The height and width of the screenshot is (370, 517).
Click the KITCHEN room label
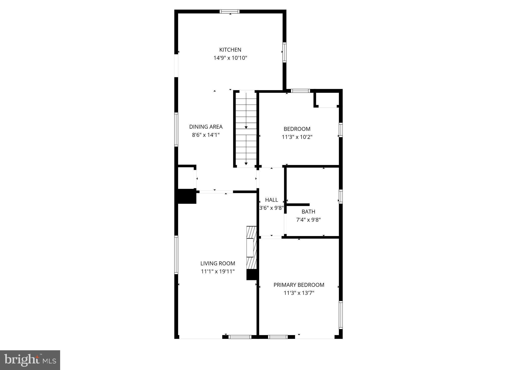[x=230, y=50]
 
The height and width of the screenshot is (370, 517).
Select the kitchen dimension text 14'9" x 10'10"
[x=230, y=58]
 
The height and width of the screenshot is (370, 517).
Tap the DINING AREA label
[x=206, y=127]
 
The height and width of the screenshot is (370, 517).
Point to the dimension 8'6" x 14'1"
[x=206, y=135]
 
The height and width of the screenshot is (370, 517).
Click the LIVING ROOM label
[x=218, y=263]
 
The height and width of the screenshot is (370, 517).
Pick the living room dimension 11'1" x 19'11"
[x=218, y=271]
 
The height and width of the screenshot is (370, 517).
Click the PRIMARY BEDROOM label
[x=299, y=285]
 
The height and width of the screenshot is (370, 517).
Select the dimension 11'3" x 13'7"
[x=299, y=293]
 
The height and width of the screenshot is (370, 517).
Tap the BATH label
[x=308, y=212]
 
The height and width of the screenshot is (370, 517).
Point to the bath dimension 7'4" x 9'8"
[x=308, y=220]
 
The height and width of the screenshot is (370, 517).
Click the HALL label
[x=272, y=200]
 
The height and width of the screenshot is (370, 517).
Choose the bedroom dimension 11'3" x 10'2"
[x=297, y=137]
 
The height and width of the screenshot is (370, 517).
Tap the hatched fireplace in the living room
[x=251, y=248]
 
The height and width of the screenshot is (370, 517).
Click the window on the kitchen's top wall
[x=229, y=11]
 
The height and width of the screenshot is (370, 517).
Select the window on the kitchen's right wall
[x=284, y=52]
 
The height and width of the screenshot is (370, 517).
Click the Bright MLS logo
[x=30, y=360]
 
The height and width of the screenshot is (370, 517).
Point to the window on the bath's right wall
[x=340, y=197]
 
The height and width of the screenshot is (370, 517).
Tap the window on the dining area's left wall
[x=176, y=129]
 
